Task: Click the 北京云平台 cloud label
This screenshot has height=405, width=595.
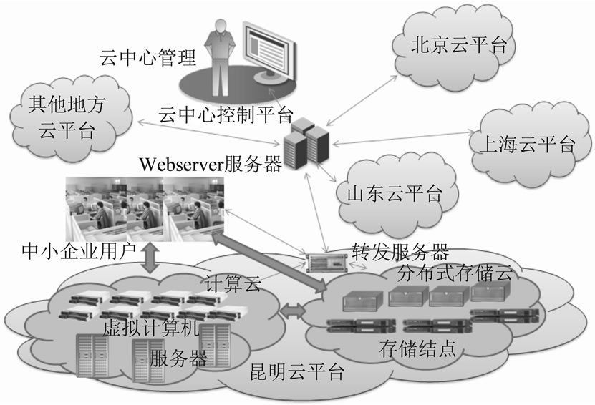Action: click(458, 46)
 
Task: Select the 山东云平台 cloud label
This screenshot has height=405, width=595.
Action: click(393, 192)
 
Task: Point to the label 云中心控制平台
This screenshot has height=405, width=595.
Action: click(226, 112)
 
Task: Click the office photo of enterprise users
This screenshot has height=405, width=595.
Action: click(144, 208)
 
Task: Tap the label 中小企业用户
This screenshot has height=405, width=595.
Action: click(79, 251)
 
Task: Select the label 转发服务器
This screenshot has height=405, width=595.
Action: click(400, 252)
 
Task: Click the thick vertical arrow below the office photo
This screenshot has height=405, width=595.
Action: click(151, 258)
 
